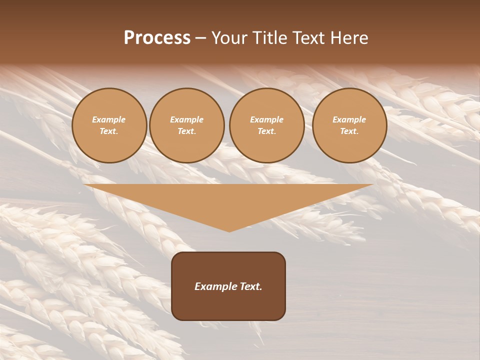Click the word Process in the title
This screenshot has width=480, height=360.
tap(157, 38)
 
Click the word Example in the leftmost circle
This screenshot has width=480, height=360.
tap(109, 119)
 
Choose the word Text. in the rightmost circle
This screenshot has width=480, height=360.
tap(349, 131)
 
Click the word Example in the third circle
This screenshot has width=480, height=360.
tap(267, 119)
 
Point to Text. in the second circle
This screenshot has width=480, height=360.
tap(187, 131)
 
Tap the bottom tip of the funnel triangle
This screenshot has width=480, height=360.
tap(229, 231)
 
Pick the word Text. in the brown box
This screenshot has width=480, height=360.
tap(250, 286)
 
